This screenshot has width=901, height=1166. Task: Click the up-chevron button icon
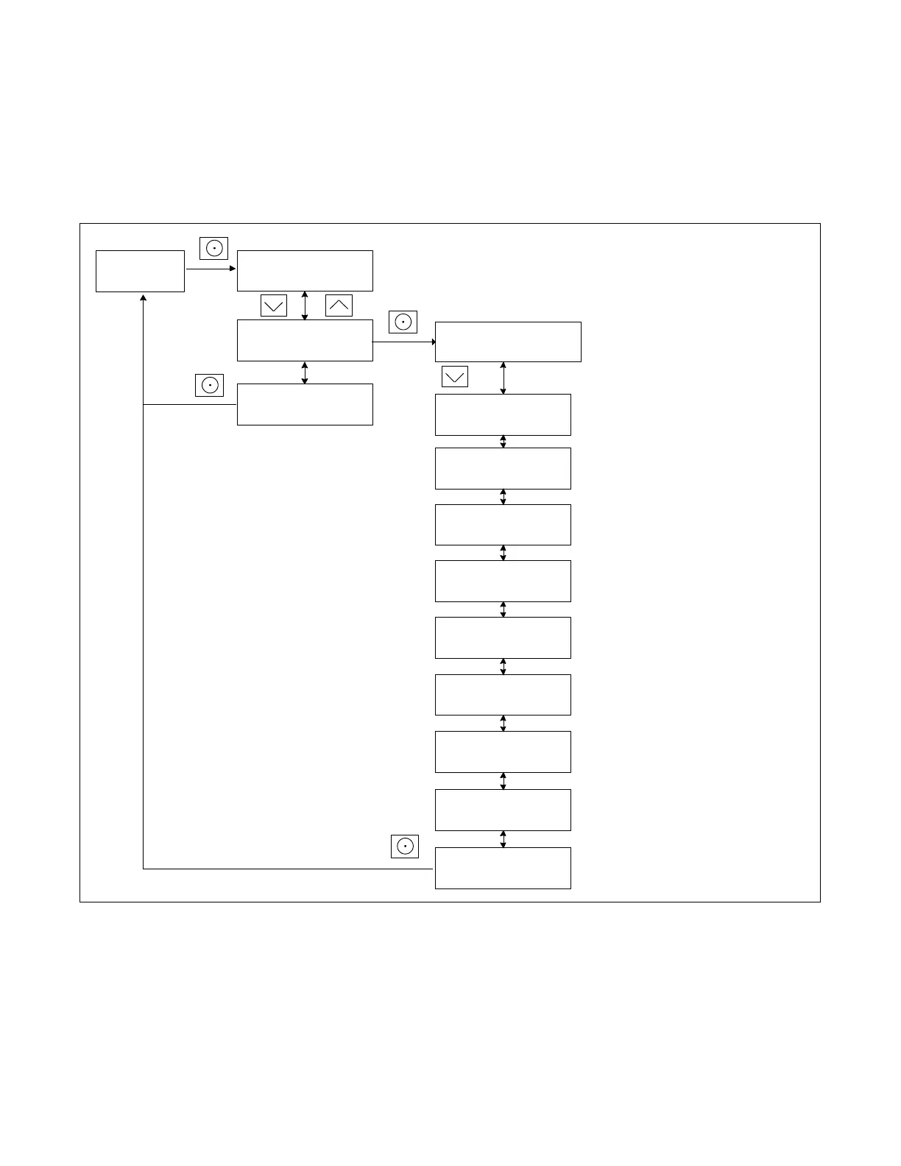pos(339,305)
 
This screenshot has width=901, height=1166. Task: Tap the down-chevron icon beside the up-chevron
pos(274,305)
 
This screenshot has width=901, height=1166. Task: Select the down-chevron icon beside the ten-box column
pos(455,377)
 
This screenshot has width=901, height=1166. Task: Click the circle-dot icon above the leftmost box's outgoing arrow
pos(213,248)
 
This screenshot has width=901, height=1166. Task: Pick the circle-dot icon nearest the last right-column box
pos(405,847)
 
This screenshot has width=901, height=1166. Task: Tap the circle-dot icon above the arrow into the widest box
pos(403,322)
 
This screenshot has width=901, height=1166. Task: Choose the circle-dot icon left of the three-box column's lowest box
pos(209,385)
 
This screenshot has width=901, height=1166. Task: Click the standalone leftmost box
pos(140,271)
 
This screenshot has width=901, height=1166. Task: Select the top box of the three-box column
pos(305,271)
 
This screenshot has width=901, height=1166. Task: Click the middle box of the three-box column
pos(305,340)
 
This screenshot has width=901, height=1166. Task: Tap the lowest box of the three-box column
pos(305,404)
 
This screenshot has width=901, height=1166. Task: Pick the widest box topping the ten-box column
pos(508,342)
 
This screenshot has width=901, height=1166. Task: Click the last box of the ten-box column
pos(503,868)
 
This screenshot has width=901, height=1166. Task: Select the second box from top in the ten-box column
pos(503,414)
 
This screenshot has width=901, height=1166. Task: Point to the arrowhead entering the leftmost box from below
pos(143,297)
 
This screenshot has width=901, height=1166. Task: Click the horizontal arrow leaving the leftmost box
pos(211,269)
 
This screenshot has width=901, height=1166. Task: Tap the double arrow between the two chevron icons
pos(305,305)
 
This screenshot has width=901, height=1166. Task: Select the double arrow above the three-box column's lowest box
pos(305,372)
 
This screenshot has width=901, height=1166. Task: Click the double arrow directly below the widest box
pos(503,378)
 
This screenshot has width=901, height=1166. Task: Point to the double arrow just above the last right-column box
pos(503,839)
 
